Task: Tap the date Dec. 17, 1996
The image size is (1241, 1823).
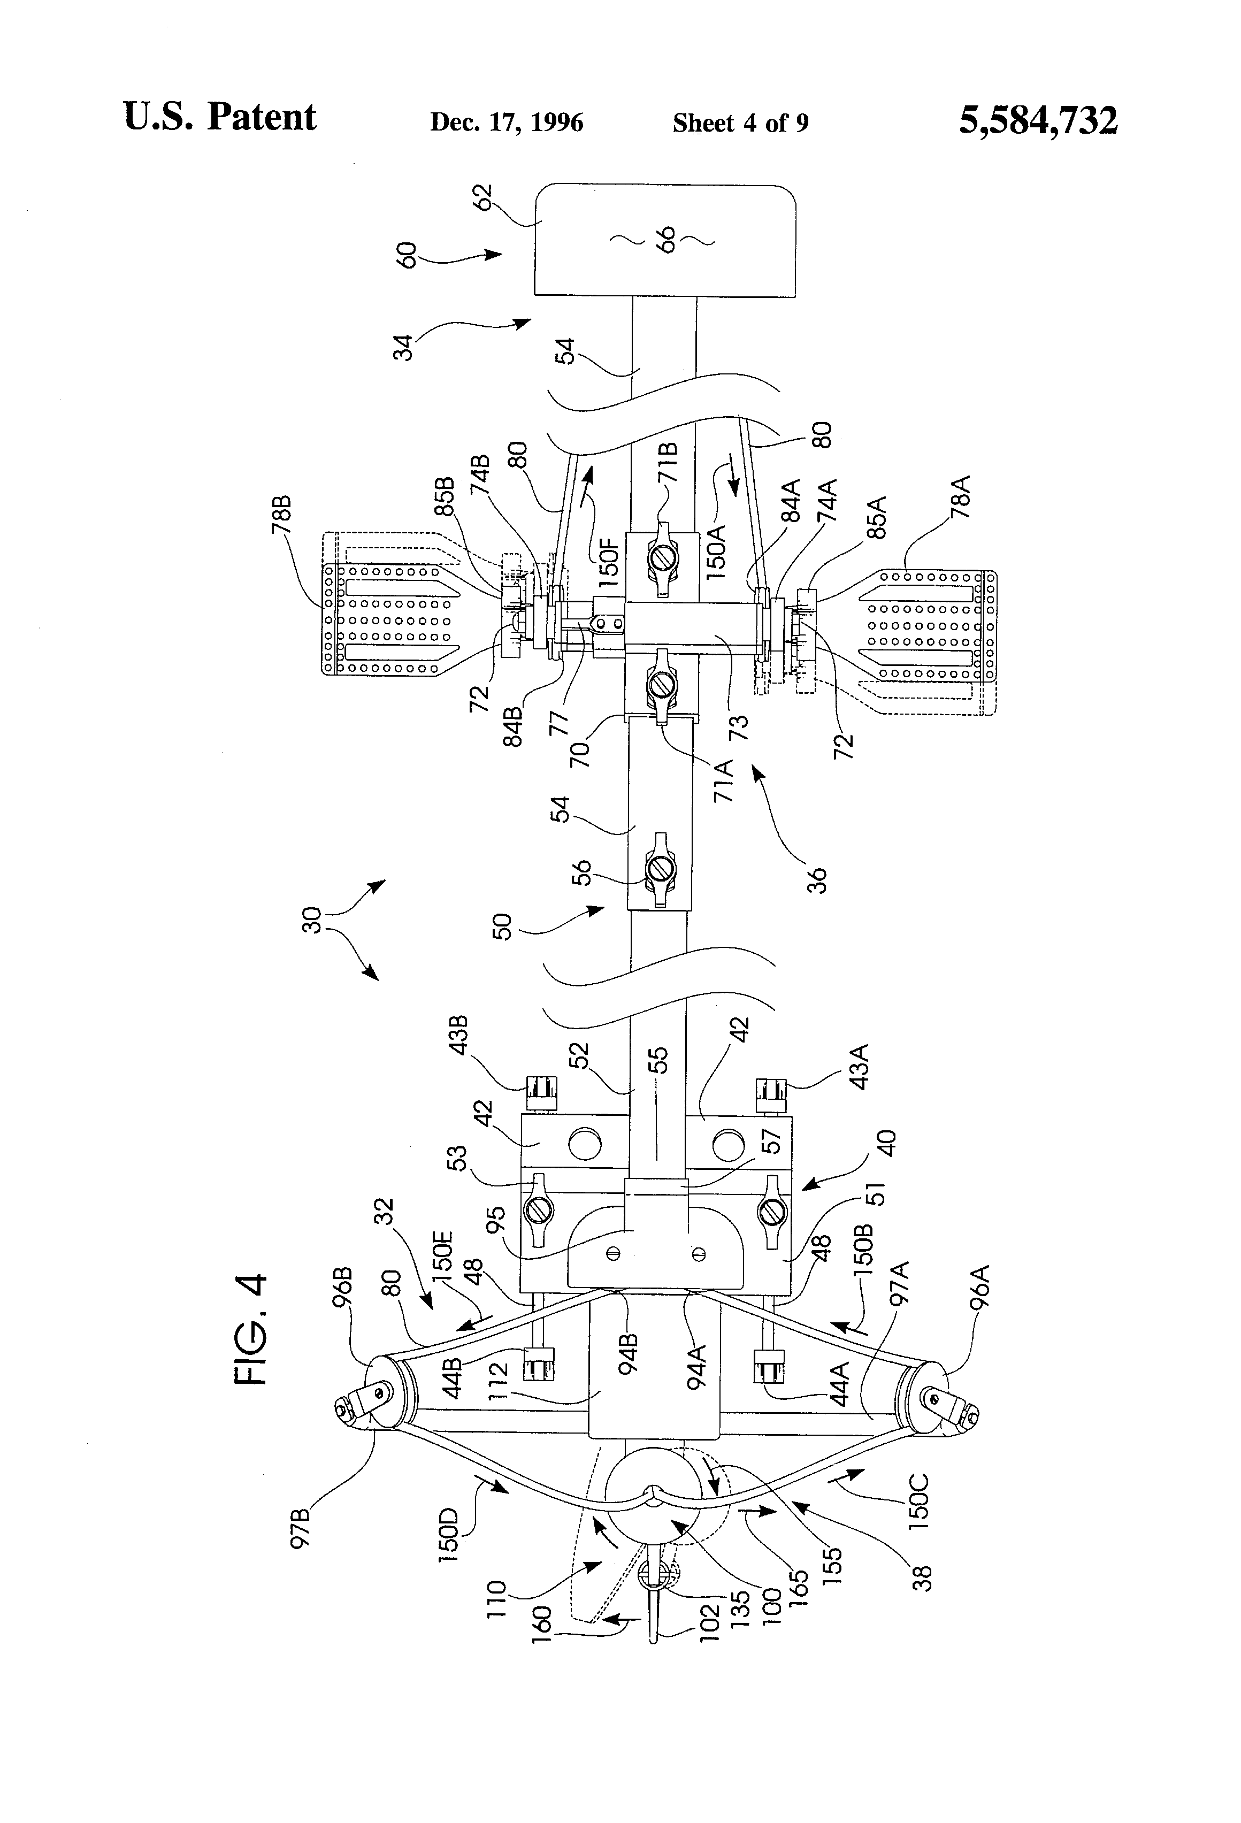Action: pos(506,123)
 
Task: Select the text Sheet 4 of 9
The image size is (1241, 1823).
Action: pos(740,123)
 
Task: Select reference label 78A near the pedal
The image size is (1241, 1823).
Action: pos(960,497)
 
